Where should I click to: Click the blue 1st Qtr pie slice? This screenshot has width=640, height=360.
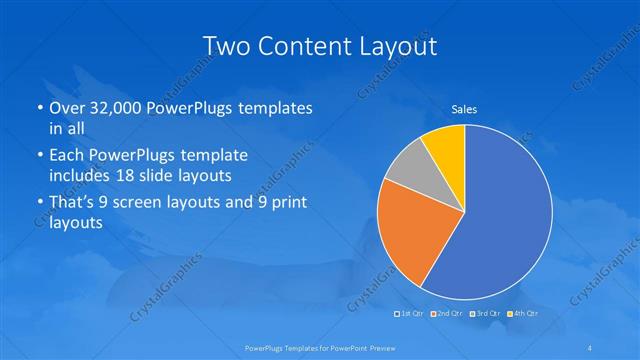tap(500, 220)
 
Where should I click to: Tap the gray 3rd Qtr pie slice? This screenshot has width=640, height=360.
tap(407, 169)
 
